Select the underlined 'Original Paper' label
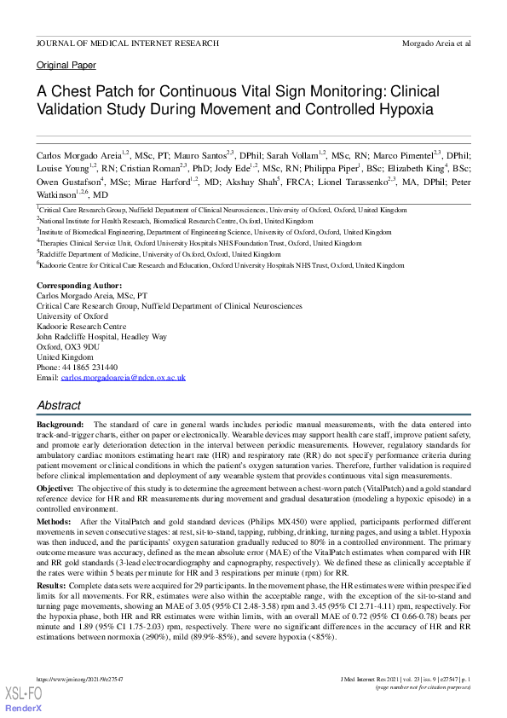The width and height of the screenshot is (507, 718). (66, 66)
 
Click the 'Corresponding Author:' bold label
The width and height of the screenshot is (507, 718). (79, 285)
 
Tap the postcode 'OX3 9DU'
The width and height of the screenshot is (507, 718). (78, 347)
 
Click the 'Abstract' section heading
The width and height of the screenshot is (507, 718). (59, 406)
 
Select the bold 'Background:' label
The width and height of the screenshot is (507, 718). (60, 425)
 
